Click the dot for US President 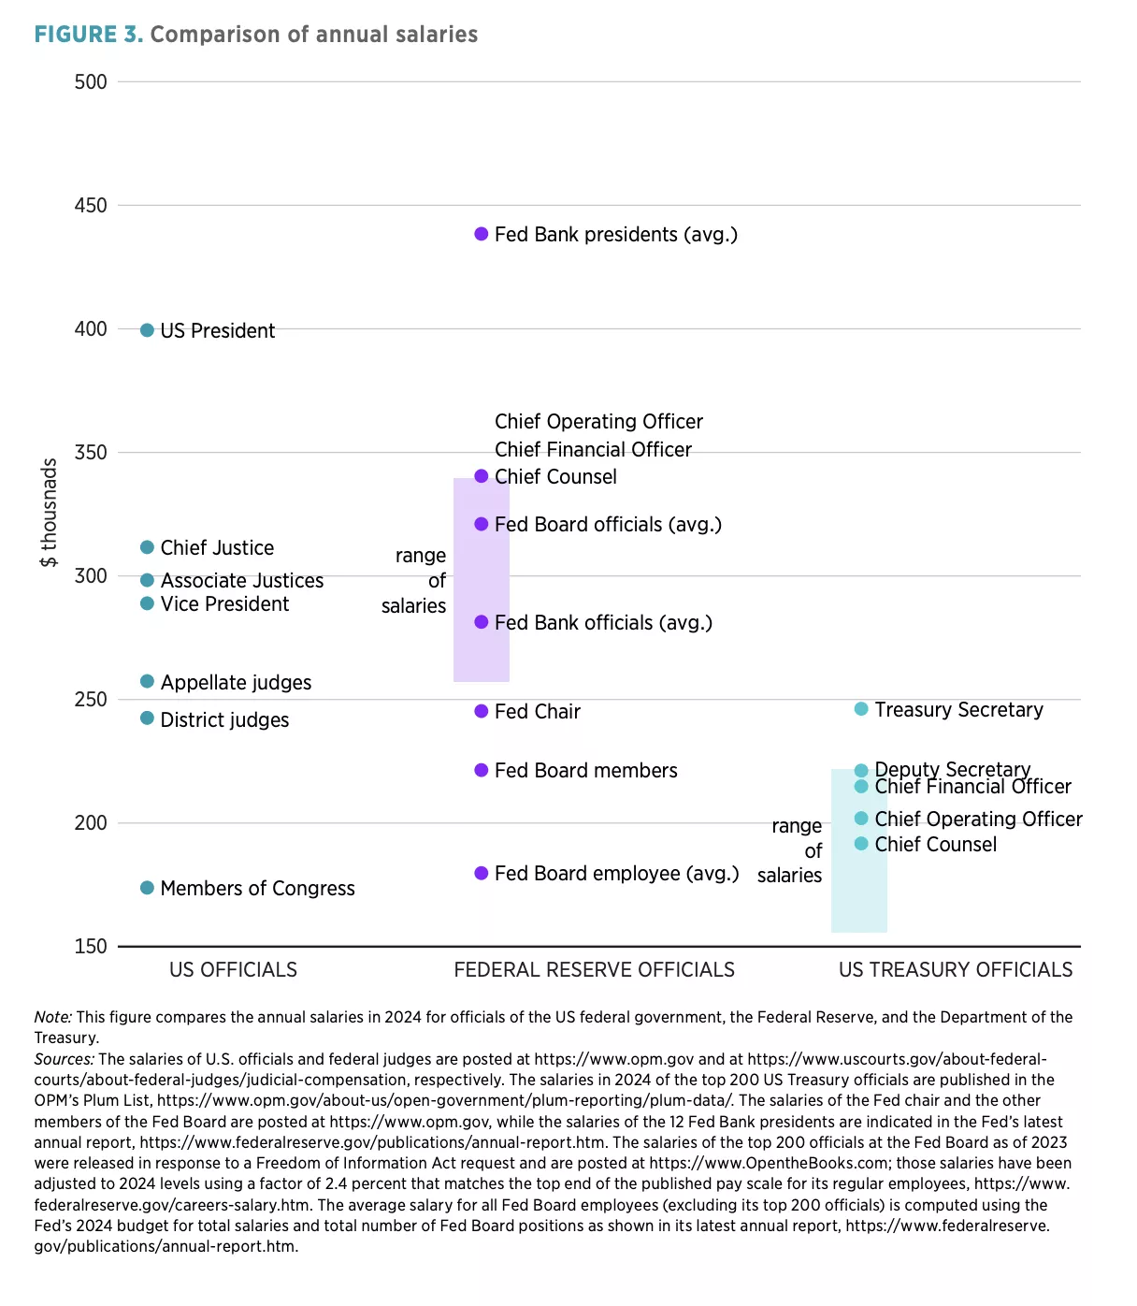147,330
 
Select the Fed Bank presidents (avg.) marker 482,234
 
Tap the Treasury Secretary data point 861,709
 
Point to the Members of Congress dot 147,888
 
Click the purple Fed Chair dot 482,711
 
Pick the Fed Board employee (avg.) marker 482,873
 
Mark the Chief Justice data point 147,547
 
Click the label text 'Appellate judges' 236,683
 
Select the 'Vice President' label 224,604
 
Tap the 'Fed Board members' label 585,771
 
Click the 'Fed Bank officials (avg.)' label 603,623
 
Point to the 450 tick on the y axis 91,205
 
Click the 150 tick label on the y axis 91,946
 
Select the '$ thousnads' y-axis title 49,513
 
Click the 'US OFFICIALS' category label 233,970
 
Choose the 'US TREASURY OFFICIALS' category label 956,970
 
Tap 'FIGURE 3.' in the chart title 88,35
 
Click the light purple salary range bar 482,580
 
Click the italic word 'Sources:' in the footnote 64,1059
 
